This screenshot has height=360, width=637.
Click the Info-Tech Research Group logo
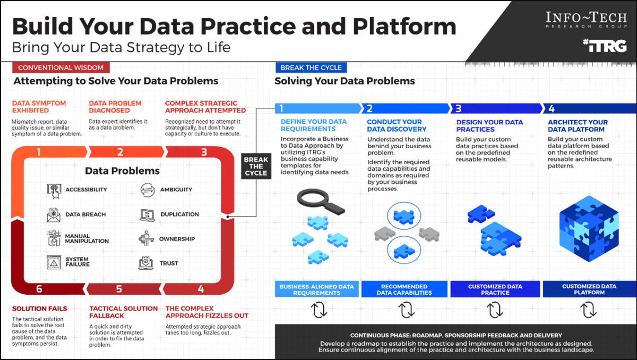tap(586, 20)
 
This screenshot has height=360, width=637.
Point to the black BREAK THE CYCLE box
tap(256, 166)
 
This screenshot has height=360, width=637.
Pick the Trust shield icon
tap(146, 263)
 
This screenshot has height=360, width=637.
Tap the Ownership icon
tap(146, 239)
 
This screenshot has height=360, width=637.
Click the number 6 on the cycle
tap(39, 289)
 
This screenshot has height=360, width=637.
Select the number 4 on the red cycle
tap(201, 289)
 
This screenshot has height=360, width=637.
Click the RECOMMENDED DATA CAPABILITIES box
tap(404, 289)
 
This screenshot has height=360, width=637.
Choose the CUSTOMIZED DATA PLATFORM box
tap(589, 289)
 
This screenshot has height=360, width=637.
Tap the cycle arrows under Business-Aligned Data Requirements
tap(318, 310)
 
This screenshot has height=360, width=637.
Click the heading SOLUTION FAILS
tap(40, 308)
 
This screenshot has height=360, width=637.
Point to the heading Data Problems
tap(123, 171)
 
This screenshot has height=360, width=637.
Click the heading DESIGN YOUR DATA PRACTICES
tap(489, 125)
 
